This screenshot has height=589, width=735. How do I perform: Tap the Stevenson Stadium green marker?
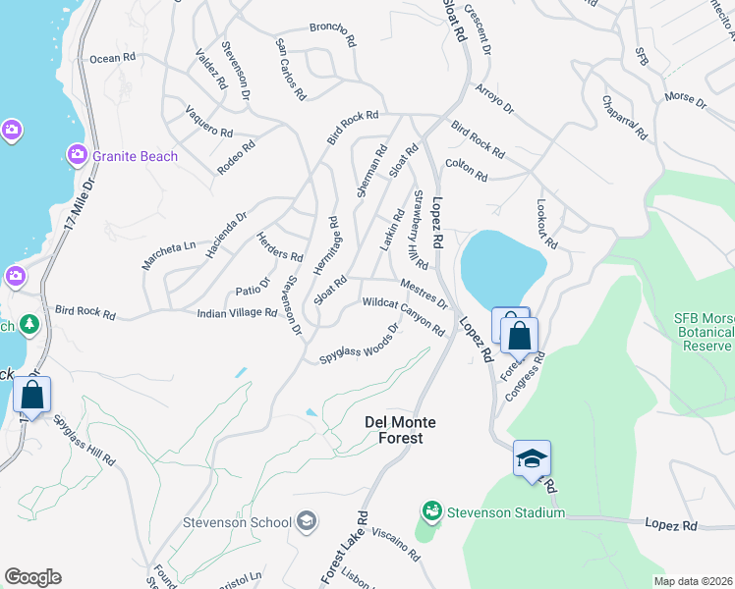coord(431,511)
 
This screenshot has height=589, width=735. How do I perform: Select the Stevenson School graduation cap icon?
coord(307,521)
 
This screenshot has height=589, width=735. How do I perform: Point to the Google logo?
coord(32,577)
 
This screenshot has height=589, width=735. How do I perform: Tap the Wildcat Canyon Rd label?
coord(404,316)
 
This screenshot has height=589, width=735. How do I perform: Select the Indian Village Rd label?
coord(237,312)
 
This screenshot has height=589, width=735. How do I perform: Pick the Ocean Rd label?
coord(112,59)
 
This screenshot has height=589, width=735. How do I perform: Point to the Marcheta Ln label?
coord(168,245)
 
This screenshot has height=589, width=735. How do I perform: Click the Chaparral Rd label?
coord(625,119)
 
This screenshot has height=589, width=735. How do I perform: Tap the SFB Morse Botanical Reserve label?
coord(704,332)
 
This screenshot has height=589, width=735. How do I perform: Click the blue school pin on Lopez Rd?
coord(532,459)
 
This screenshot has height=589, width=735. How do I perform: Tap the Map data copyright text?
coord(693,580)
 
